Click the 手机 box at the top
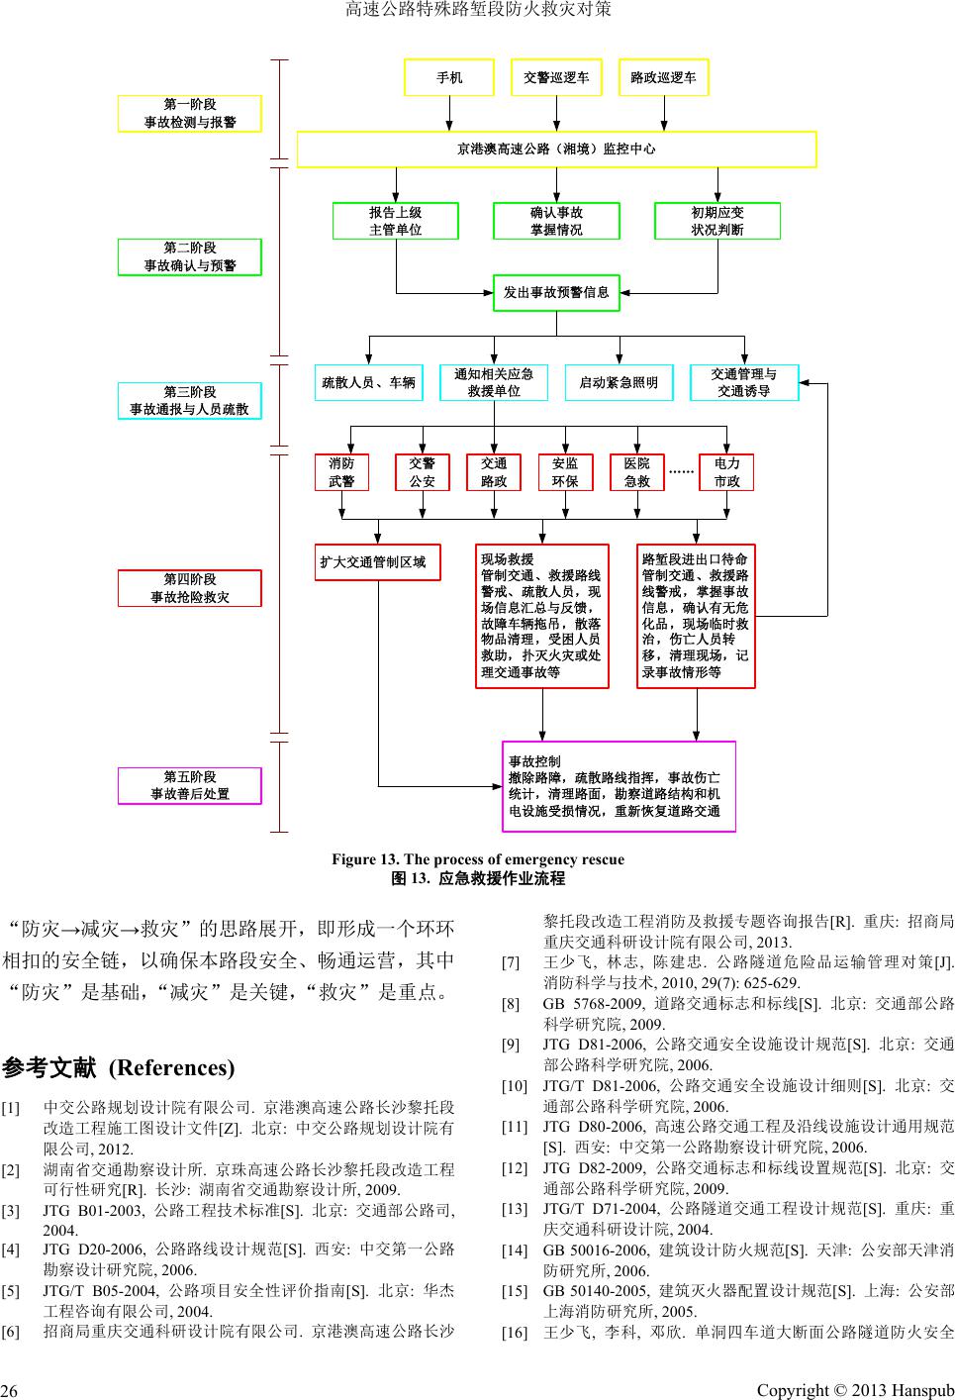[x=449, y=78]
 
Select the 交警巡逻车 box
[x=556, y=78]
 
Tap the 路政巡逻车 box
[x=663, y=78]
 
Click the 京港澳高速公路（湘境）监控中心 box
[x=556, y=150]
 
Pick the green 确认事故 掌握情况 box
[x=556, y=221]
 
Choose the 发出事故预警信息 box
[x=556, y=293]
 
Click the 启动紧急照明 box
[x=619, y=382]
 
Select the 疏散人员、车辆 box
[x=369, y=382]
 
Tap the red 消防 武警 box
[x=341, y=472]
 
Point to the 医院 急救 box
[x=636, y=472]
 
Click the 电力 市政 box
[x=726, y=472]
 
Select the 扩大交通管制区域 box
[x=377, y=562]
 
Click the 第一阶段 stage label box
[x=190, y=113]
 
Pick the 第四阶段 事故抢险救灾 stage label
[x=190, y=588]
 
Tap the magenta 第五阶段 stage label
[x=190, y=785]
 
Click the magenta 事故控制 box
[x=619, y=786]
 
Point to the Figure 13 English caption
[x=478, y=859]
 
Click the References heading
[x=119, y=1067]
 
